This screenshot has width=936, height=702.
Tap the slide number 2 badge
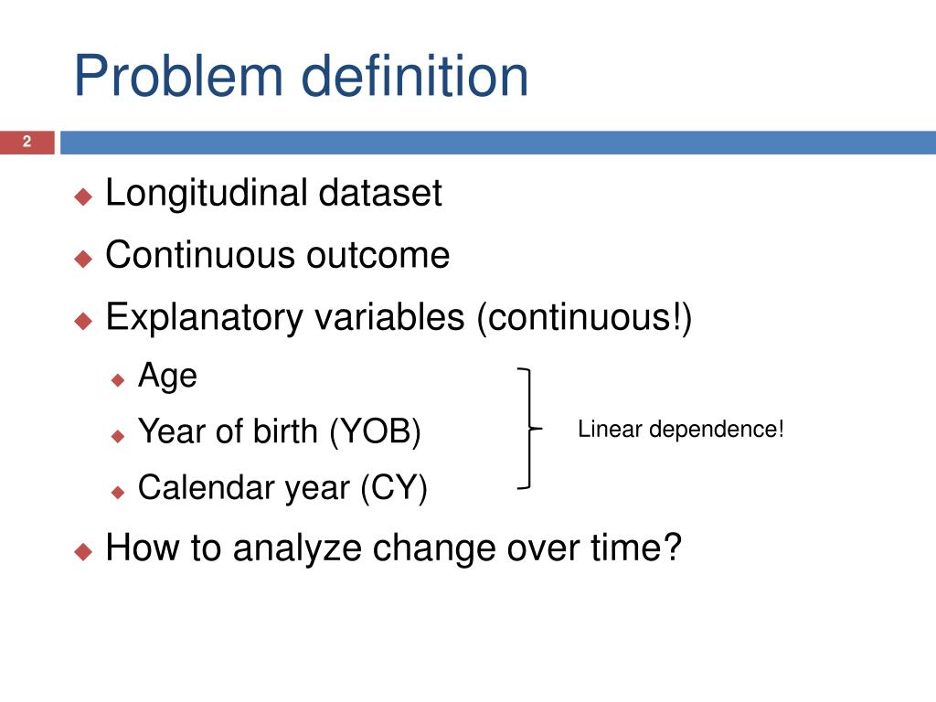[x=27, y=142]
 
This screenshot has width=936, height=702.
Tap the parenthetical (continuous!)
[x=584, y=318]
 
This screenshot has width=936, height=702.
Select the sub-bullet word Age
[x=167, y=376]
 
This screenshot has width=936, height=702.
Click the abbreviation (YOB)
[x=376, y=431]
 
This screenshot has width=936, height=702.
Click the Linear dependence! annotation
[x=681, y=429]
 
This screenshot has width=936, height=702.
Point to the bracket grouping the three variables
[x=527, y=428]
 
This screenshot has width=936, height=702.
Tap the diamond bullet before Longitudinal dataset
[x=83, y=196]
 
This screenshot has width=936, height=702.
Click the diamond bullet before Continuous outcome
[x=83, y=258]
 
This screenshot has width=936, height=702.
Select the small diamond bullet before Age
[x=118, y=378]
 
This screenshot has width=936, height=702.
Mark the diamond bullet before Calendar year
[x=118, y=492]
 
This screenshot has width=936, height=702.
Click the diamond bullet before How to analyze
[x=83, y=551]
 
